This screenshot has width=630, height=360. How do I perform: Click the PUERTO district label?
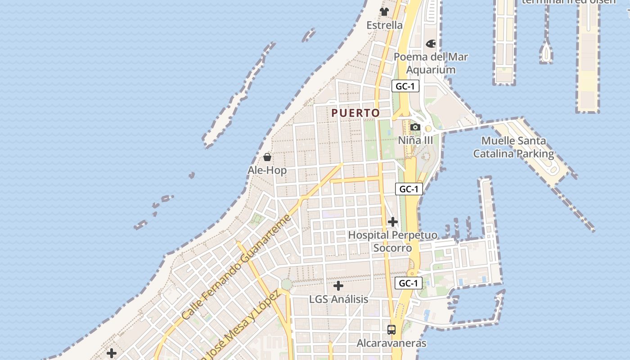pos(355,113)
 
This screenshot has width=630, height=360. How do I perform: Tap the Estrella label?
pos(384,25)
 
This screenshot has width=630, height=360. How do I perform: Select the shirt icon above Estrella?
pos(384,11)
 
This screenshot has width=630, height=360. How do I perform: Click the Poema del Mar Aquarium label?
pos(431,63)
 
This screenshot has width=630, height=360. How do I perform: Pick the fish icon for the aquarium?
pos(431,44)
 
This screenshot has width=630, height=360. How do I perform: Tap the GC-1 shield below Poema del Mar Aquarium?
pos(405,86)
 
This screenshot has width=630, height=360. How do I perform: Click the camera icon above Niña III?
pos(415,127)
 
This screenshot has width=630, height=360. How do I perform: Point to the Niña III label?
pos(415,140)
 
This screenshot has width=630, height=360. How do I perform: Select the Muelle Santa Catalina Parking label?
pos(513,147)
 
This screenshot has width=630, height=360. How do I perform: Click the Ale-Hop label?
pos(267,170)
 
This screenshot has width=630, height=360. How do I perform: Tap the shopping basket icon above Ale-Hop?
pos(267,157)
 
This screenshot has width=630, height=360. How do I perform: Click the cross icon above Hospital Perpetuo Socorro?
pos(393,222)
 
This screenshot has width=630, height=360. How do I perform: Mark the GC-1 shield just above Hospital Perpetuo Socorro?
pos(409,189)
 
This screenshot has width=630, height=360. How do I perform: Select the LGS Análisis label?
pos(338,299)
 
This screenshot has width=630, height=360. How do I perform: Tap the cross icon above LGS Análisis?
pos(338,286)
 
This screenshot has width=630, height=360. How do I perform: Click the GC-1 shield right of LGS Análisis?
pos(409,283)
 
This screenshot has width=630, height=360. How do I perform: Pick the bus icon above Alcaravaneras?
pos(391,329)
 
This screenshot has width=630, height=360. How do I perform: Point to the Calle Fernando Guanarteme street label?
pos(236,267)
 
